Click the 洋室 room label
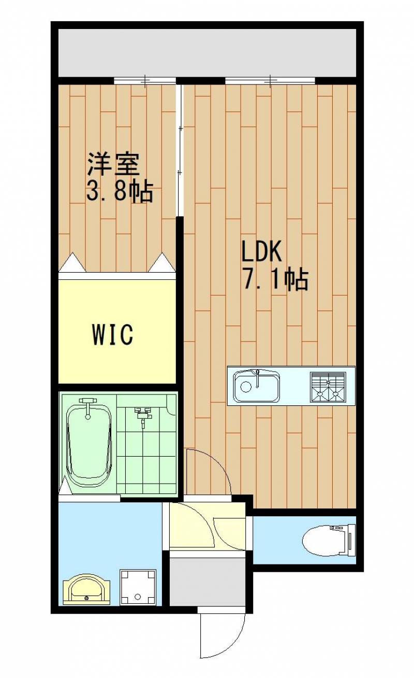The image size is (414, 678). click(114, 165)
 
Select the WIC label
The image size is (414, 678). click(112, 334)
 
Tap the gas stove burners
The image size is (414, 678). click(328, 387)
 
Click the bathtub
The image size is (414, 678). click(88, 445)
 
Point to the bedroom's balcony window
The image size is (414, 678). click(145, 80)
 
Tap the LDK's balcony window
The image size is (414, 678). click(270, 80)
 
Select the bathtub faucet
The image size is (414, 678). click(88, 407)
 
